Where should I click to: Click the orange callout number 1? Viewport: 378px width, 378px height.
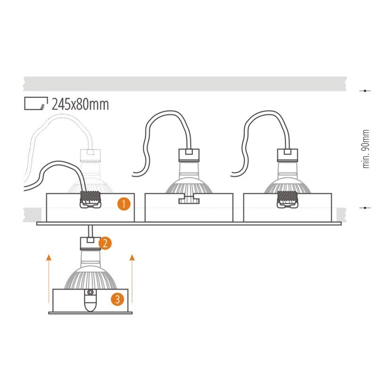click(x=124, y=204)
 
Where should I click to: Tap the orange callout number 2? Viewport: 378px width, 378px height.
click(x=105, y=243)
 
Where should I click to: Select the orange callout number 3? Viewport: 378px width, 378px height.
click(x=117, y=299)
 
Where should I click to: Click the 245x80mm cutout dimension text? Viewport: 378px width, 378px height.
click(x=80, y=104)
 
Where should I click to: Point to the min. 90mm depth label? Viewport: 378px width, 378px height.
click(x=366, y=149)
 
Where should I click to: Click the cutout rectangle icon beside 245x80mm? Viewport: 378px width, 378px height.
click(x=36, y=103)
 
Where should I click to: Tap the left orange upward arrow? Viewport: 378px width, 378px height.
click(x=49, y=278)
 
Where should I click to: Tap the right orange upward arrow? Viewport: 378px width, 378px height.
click(x=132, y=278)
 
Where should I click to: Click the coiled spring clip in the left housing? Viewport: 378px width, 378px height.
click(x=90, y=199)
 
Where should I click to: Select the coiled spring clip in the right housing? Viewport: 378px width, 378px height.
click(x=287, y=199)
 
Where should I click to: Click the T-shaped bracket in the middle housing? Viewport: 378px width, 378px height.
click(x=189, y=198)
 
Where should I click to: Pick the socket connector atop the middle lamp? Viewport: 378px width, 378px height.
click(x=189, y=155)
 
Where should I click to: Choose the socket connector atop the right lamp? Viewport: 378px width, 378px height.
click(x=287, y=155)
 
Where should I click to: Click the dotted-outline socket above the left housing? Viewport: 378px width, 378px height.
click(x=90, y=155)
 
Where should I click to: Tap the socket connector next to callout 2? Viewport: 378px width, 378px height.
click(x=90, y=243)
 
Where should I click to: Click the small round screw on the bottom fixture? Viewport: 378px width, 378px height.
click(x=90, y=292)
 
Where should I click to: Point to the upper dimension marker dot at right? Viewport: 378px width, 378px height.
click(x=365, y=91)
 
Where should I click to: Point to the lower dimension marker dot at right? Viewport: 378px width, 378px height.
click(x=365, y=207)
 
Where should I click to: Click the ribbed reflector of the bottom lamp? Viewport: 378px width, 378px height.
click(x=90, y=277)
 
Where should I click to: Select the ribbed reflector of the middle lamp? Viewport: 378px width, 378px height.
click(x=189, y=186)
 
